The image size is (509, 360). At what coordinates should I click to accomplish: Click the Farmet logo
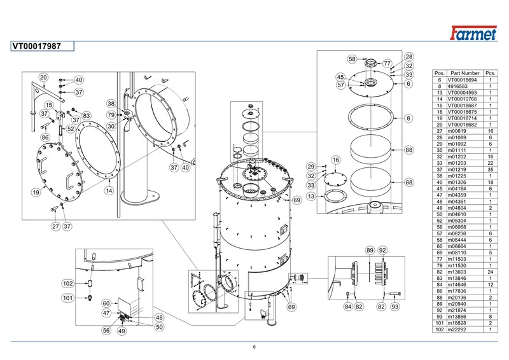tap(473, 33)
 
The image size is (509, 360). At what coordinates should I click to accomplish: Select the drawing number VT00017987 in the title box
tap(37, 46)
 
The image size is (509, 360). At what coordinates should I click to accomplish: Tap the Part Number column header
tap(465, 73)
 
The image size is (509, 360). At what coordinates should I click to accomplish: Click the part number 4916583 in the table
tap(457, 86)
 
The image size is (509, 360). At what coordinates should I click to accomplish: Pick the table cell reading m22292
tap(457, 329)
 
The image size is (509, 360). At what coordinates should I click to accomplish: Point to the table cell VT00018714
tap(463, 118)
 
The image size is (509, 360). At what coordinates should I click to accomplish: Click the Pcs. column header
tap(491, 73)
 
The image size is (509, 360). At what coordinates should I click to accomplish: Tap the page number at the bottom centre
tap(254, 347)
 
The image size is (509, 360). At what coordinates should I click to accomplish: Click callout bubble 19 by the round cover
tap(36, 192)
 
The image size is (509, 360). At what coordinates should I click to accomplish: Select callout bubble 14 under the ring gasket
tap(109, 191)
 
